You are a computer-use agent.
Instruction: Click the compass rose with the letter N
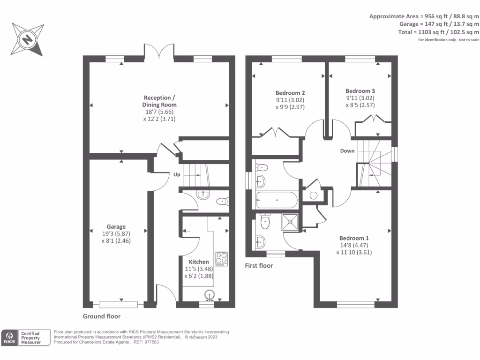click(x=28, y=39)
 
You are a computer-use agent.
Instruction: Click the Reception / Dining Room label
click(x=160, y=101)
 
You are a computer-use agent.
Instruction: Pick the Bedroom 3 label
click(x=360, y=91)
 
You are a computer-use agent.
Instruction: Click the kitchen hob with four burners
click(x=221, y=258)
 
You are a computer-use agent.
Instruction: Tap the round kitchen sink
click(x=210, y=294)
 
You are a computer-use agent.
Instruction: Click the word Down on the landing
click(x=347, y=151)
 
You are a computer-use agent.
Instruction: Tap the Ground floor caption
click(x=102, y=316)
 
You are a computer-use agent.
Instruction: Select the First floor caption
click(x=259, y=266)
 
